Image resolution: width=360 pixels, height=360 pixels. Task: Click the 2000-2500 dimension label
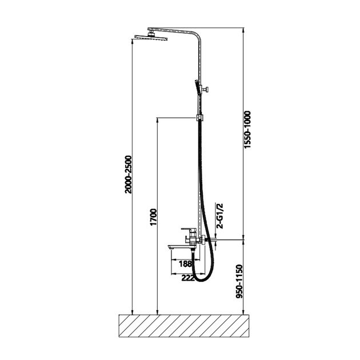(x=129, y=174)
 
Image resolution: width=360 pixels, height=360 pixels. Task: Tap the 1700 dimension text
(x=153, y=217)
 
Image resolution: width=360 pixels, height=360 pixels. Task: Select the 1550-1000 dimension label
(x=247, y=130)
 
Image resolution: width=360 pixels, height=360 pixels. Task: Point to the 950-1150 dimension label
(x=239, y=282)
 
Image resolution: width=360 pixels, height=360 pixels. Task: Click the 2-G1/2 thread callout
(x=220, y=216)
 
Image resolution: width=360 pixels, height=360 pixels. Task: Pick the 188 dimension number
(x=185, y=264)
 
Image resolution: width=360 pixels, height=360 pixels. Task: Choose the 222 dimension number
(x=188, y=278)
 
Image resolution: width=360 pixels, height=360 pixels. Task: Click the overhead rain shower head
(x=151, y=37)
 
